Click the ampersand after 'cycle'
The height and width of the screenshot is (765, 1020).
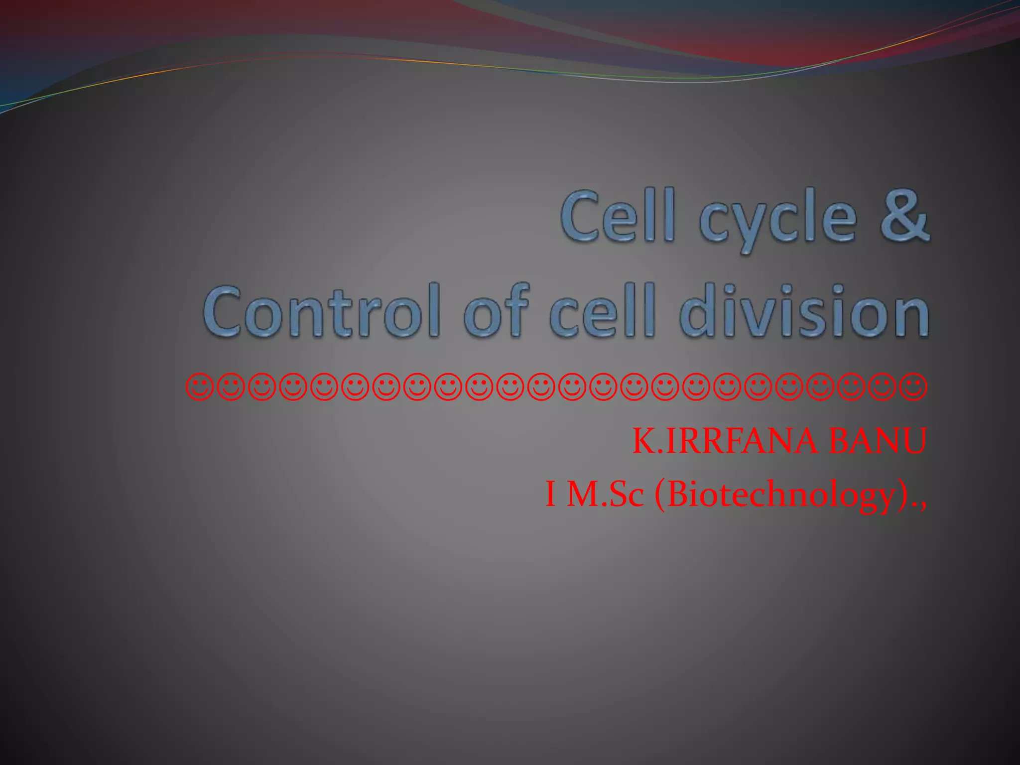(x=904, y=216)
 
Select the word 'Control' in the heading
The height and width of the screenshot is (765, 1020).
(x=322, y=311)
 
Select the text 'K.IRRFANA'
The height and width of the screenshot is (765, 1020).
(x=725, y=441)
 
